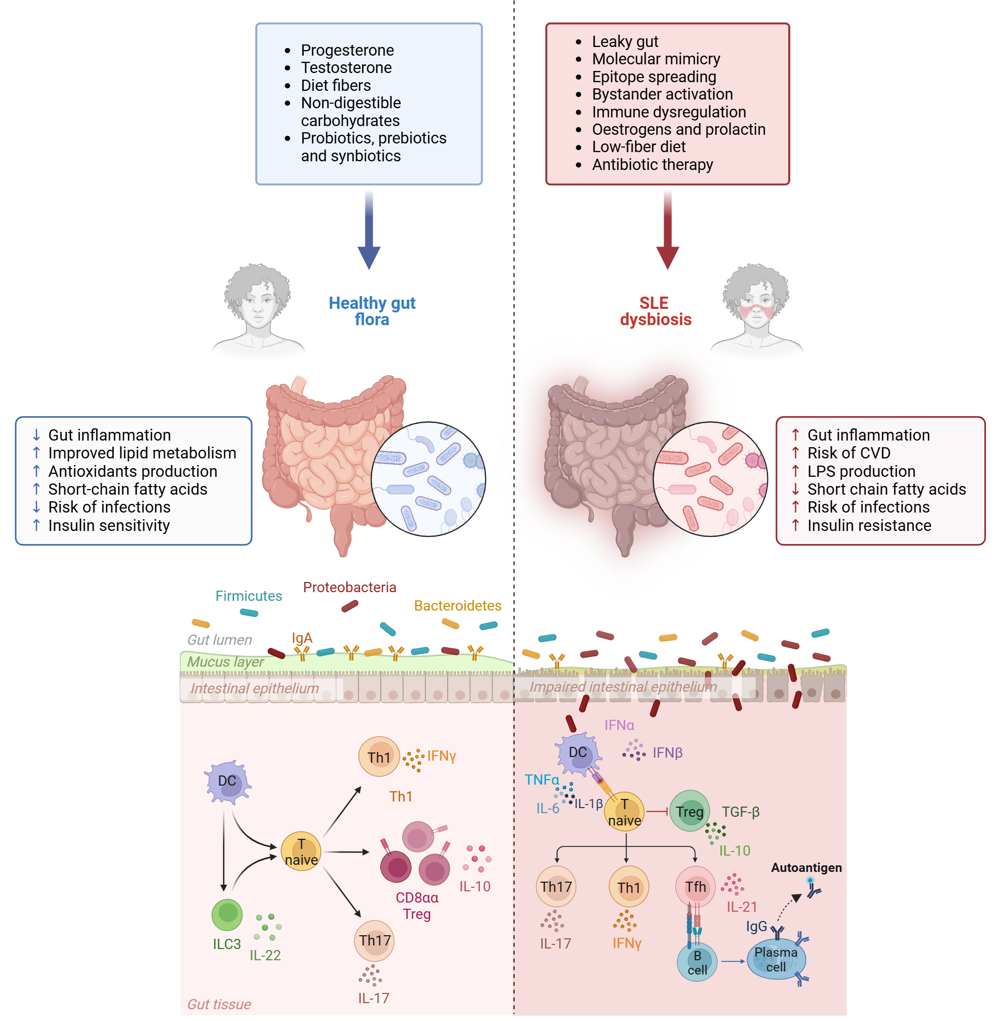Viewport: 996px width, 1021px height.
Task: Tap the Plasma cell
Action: tap(776, 960)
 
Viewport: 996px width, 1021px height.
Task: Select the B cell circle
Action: tap(697, 962)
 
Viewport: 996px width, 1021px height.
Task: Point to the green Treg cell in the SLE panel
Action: tap(690, 811)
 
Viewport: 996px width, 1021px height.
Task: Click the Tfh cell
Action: tap(695, 887)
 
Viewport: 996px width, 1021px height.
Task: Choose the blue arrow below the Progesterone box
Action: tap(369, 230)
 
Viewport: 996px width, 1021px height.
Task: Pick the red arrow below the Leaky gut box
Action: tap(667, 230)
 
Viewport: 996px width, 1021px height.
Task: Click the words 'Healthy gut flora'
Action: tap(372, 311)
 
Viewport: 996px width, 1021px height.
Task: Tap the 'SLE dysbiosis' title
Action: tap(655, 311)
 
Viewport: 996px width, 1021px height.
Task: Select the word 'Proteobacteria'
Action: tap(349, 588)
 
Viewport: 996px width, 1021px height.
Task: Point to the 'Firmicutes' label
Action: tap(249, 596)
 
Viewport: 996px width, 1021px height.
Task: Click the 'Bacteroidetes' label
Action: tap(458, 605)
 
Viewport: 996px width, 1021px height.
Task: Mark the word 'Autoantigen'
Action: tap(807, 868)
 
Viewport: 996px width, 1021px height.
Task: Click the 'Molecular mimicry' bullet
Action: tap(656, 59)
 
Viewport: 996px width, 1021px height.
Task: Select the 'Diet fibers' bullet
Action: tap(336, 85)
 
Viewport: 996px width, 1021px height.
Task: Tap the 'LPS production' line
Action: tap(861, 471)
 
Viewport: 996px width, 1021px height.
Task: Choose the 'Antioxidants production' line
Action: tap(132, 471)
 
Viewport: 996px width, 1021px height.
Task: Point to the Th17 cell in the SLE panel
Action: tap(556, 887)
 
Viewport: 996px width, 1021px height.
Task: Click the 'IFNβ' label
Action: tap(667, 752)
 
